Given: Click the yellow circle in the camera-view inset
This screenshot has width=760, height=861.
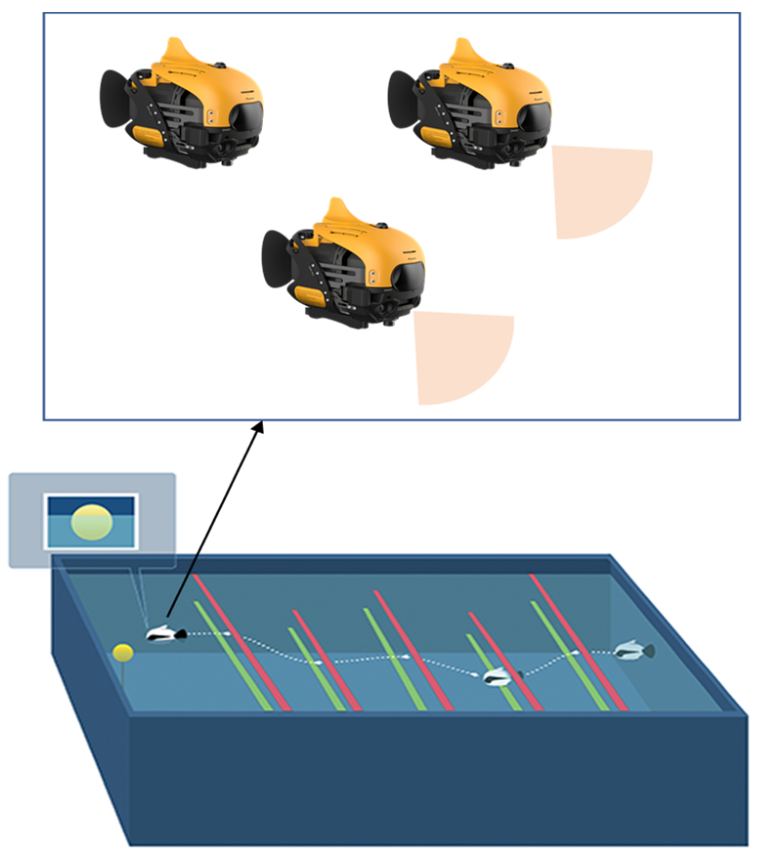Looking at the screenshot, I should pos(92,522).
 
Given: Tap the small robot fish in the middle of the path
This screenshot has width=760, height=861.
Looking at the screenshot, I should pos(501,676).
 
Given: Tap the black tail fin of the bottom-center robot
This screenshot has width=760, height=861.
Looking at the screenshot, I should pos(276,259).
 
